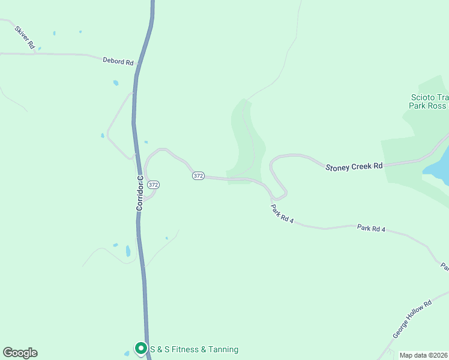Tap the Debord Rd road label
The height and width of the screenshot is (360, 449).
coord(118,61)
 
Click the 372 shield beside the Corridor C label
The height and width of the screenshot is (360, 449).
coord(153,185)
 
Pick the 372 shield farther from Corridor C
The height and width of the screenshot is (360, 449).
coord(199,176)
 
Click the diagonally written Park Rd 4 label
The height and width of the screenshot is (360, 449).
coord(282,214)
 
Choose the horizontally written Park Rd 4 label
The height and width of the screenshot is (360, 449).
coord(370,229)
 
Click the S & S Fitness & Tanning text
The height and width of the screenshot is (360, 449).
coord(194,349)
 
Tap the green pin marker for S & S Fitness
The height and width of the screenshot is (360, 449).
coord(140,348)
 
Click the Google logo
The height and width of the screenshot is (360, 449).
coord(20,353)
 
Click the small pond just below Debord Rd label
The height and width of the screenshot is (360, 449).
coord(115,83)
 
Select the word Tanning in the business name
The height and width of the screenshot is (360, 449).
coord(222,349)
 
